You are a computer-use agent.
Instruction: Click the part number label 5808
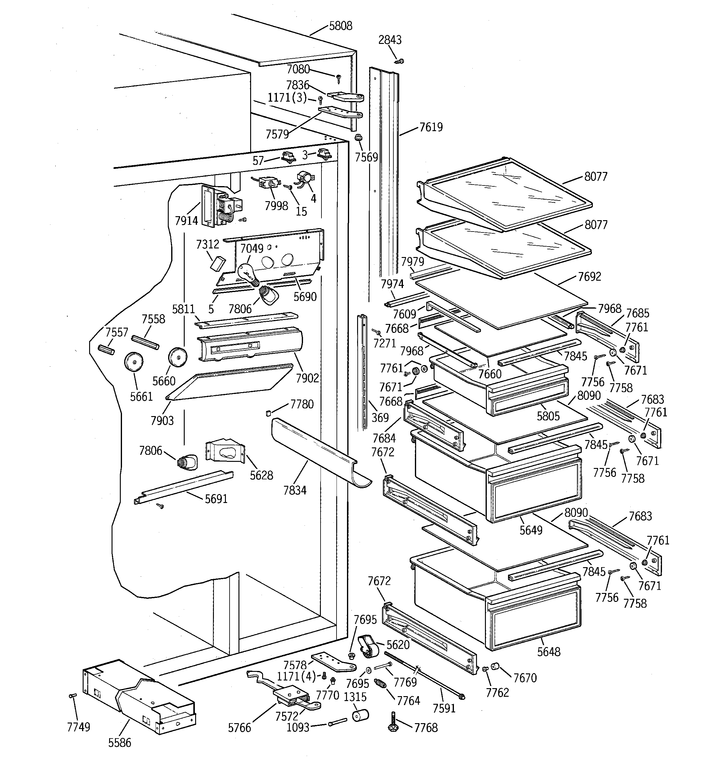point(341,26)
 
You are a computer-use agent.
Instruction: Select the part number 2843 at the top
point(390,40)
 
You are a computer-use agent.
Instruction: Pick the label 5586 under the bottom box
point(120,743)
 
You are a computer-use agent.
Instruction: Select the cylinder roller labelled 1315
point(360,715)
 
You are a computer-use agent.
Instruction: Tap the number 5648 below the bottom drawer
point(549,652)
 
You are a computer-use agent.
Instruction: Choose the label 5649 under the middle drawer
point(531,530)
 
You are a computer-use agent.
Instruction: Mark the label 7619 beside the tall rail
point(431,127)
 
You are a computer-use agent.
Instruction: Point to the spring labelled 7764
point(380,684)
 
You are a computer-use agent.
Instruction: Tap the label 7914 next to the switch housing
point(186,220)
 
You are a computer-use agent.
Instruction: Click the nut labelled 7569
point(358,138)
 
